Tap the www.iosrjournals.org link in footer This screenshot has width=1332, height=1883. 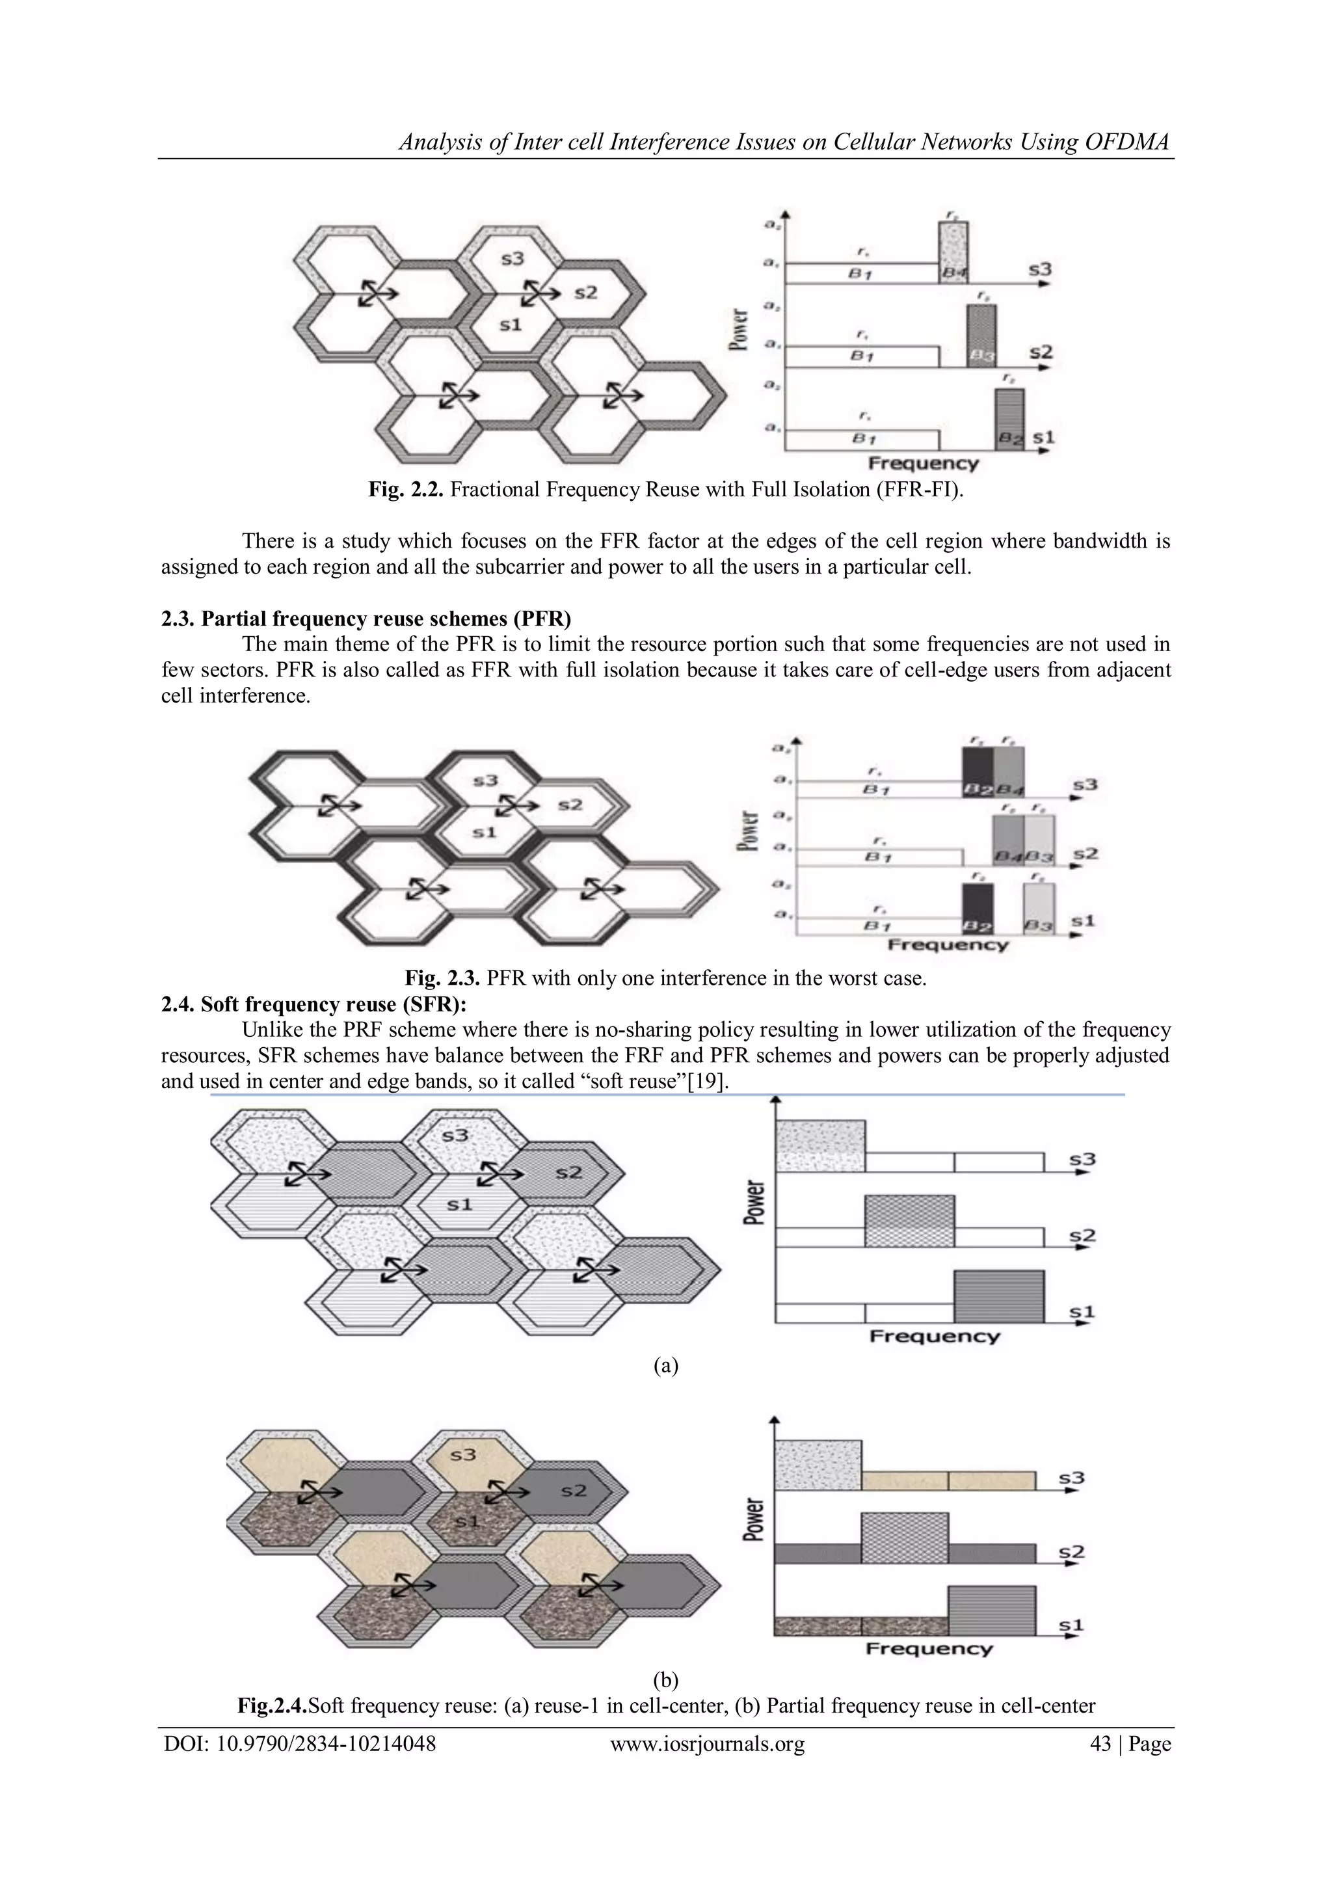pyautogui.click(x=707, y=1744)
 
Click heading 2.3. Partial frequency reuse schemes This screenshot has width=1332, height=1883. pyautogui.click(x=366, y=619)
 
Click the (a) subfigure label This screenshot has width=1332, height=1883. pyautogui.click(x=665, y=1365)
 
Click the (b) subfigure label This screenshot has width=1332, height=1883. pyautogui.click(x=665, y=1679)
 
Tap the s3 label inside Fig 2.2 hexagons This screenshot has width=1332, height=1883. pyautogui.click(x=512, y=259)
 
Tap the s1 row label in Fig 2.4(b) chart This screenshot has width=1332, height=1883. pyautogui.click(x=1071, y=1624)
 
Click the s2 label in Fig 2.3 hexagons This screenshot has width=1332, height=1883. pyautogui.click(x=570, y=805)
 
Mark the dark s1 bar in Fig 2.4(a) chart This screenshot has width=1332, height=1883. pyautogui.click(x=999, y=1296)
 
